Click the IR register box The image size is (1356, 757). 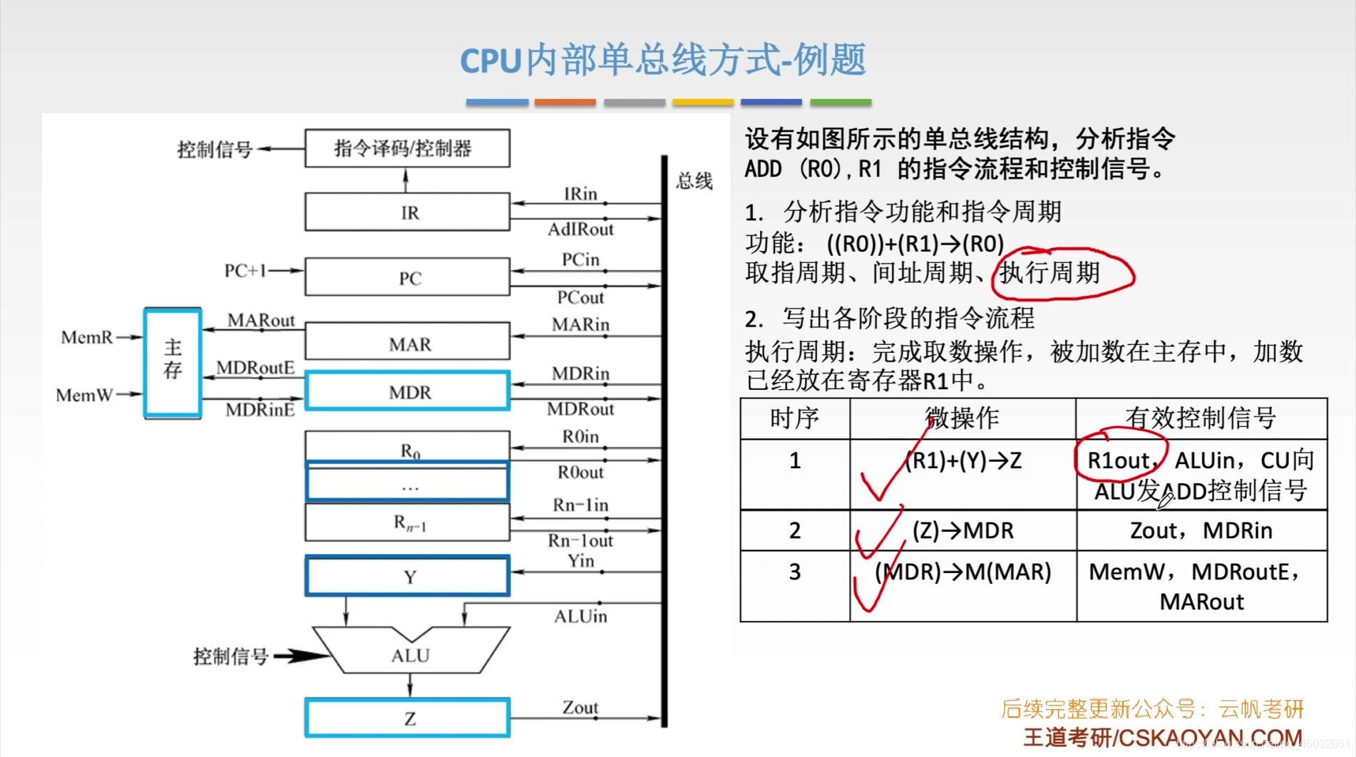click(x=407, y=212)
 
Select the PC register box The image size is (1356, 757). click(x=407, y=277)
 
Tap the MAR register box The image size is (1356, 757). click(x=407, y=343)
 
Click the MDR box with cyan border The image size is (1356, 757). click(x=407, y=391)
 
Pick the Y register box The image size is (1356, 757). click(x=407, y=576)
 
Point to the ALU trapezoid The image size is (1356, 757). click(x=410, y=653)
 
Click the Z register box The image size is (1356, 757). click(x=407, y=718)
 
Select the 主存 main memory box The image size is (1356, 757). click(x=173, y=361)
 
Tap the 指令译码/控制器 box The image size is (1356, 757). click(x=407, y=148)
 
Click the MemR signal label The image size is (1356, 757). click(x=87, y=336)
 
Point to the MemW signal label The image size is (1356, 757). click(x=84, y=394)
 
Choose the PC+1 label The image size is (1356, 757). click(x=245, y=270)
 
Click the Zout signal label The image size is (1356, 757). click(x=580, y=707)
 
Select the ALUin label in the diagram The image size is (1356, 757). click(x=580, y=616)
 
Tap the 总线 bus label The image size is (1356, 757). click(x=694, y=181)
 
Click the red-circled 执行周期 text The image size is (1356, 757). click(x=1051, y=273)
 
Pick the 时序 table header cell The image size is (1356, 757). click(x=794, y=418)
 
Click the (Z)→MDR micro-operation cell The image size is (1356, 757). click(x=962, y=530)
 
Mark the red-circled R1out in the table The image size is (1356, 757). click(x=1119, y=460)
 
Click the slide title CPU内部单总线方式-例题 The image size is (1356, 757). click(x=663, y=60)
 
